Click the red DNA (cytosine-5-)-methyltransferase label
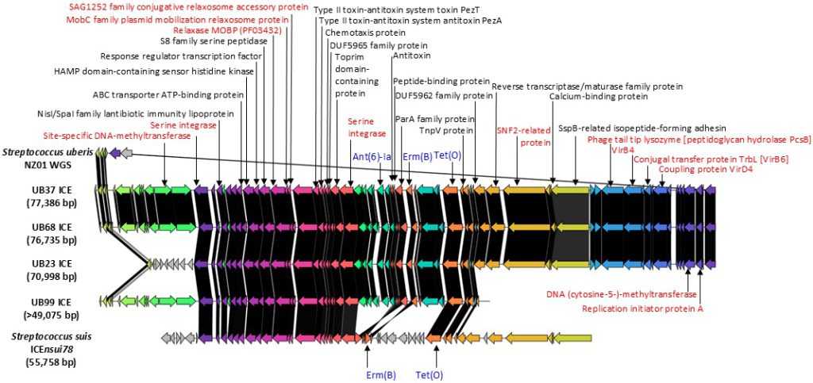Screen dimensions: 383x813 [x=621, y=294]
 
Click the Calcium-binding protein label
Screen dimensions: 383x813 [x=599, y=97]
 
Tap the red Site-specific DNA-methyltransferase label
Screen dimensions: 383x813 [x=117, y=136]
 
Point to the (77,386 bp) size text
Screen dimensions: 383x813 [x=52, y=204]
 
